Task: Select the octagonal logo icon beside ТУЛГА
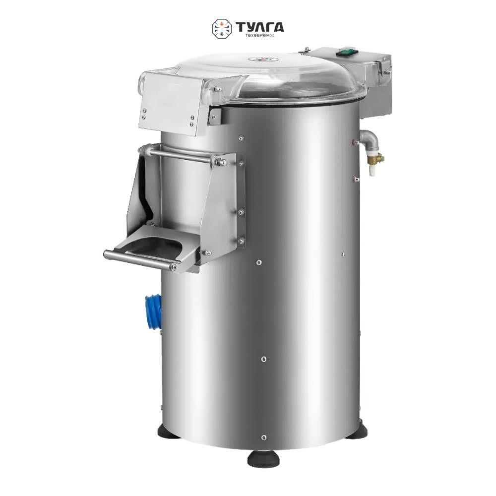pos(221,28)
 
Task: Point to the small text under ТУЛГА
pos(259,35)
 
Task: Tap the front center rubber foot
pos(263,457)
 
